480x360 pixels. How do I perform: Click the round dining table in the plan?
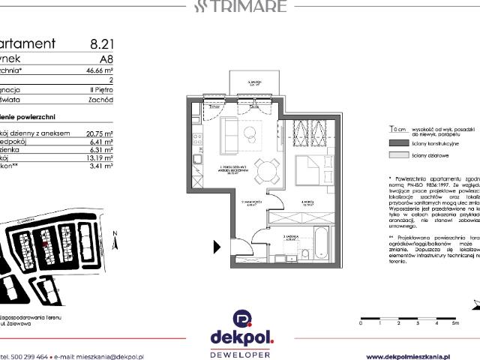tap(262, 171)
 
